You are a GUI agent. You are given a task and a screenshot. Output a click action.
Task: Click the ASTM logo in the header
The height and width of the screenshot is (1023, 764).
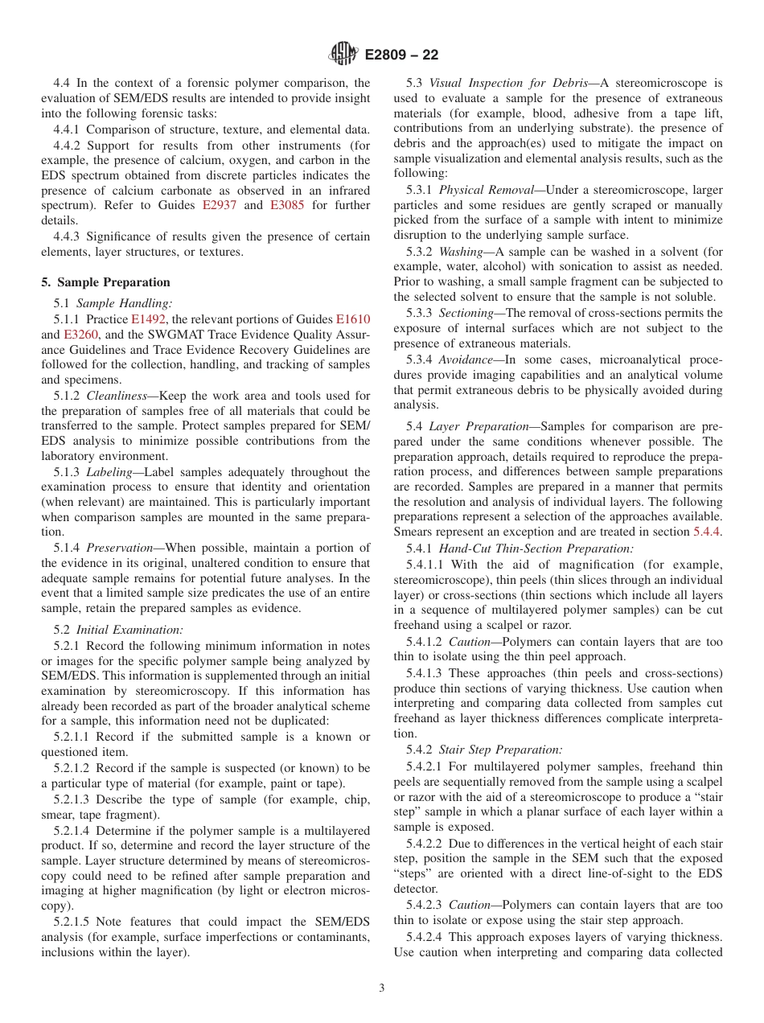343,55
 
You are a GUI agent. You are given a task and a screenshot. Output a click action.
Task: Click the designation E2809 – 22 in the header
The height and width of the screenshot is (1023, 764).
401,55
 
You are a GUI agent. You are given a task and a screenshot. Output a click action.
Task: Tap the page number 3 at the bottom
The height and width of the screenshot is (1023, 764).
382,988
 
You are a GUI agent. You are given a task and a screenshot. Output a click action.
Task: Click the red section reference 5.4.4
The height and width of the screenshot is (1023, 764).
707,532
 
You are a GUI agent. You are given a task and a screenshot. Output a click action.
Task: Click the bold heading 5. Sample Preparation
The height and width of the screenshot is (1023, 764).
105,282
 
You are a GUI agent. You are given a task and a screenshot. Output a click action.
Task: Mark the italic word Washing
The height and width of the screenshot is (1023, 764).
462,251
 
